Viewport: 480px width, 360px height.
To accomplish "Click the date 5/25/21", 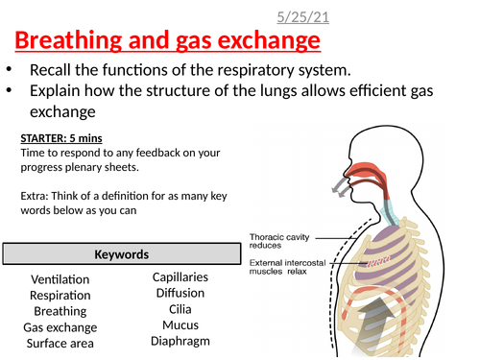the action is [288, 16].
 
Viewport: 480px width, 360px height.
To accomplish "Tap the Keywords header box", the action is [120, 254].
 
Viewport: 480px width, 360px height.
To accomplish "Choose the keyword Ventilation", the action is [60, 279].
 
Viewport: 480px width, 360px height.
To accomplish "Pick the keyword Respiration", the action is [60, 296].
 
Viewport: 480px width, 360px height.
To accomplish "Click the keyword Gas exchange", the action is [60, 327].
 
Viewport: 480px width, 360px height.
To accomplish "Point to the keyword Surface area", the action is [60, 344].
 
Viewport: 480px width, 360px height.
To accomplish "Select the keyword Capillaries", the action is [181, 277].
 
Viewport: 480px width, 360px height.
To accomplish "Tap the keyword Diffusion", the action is [181, 293].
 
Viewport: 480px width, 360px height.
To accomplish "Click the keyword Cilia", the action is [181, 309].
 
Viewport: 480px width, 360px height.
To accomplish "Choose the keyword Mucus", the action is [181, 324].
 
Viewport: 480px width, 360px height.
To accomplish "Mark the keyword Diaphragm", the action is [181, 341].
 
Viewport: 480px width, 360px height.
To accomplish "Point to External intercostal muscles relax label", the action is [287, 266].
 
